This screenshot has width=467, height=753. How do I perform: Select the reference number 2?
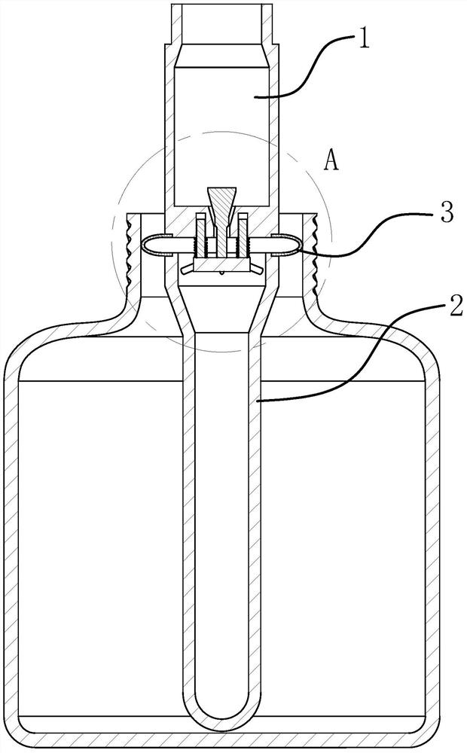point(455,306)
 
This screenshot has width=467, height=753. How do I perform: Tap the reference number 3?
point(447,213)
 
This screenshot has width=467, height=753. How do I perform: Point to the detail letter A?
point(331,160)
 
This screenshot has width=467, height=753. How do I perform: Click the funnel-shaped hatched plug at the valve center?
point(221,206)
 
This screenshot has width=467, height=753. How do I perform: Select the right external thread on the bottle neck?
point(315,252)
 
